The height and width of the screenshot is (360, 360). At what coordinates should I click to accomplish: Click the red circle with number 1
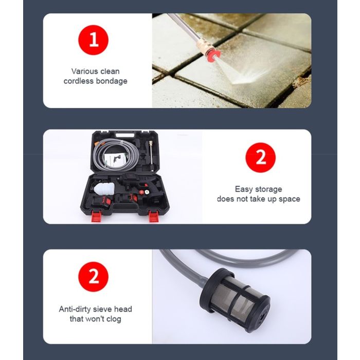[93, 40]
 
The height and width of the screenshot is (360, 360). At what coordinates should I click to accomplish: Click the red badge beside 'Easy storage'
[260, 157]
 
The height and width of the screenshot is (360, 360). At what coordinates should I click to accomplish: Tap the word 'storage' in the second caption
[268, 189]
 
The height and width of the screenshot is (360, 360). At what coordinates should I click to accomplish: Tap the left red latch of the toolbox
[96, 217]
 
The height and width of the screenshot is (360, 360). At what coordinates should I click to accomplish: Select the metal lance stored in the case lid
[151, 156]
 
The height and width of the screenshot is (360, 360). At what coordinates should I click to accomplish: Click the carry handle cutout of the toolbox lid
[125, 135]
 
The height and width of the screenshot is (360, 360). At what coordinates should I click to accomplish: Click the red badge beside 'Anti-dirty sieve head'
[93, 277]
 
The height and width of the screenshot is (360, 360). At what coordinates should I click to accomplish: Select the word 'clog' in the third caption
[113, 319]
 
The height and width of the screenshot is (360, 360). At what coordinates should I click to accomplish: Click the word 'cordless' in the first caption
[79, 81]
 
